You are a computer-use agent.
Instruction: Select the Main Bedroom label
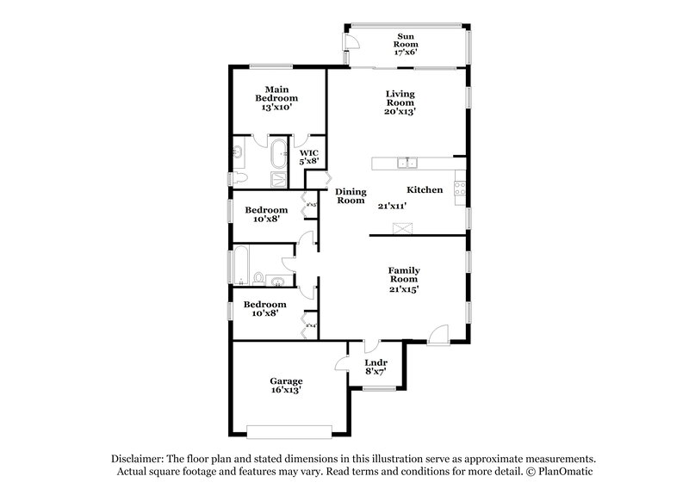pyautogui.click(x=276, y=94)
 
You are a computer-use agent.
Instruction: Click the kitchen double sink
pyautogui.click(x=406, y=163)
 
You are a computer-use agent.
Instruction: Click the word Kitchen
pyautogui.click(x=425, y=189)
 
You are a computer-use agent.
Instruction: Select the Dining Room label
pyautogui.click(x=351, y=195)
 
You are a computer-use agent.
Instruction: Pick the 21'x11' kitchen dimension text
pyautogui.click(x=392, y=206)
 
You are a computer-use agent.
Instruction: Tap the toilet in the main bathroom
pyautogui.click(x=239, y=178)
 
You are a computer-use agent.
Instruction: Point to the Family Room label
pyautogui.click(x=403, y=275)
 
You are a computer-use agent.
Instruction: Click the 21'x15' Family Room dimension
pyautogui.click(x=403, y=290)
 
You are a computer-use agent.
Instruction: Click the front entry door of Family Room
pyautogui.click(x=438, y=333)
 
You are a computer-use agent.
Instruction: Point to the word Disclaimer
pyautogui.click(x=139, y=459)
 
